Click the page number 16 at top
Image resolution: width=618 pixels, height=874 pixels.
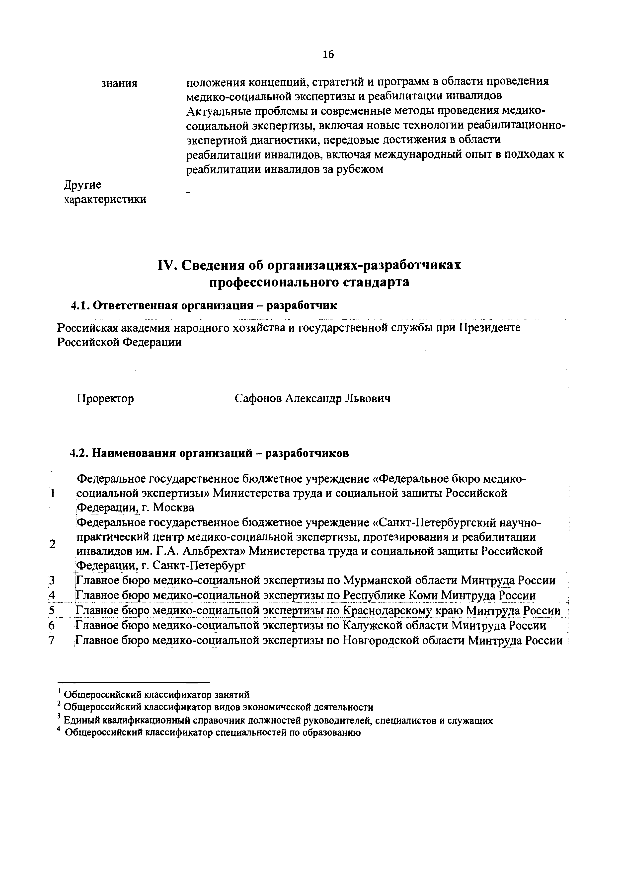(328, 55)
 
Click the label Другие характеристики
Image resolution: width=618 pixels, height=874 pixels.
(104, 192)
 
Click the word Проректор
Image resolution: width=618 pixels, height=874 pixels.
(105, 399)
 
